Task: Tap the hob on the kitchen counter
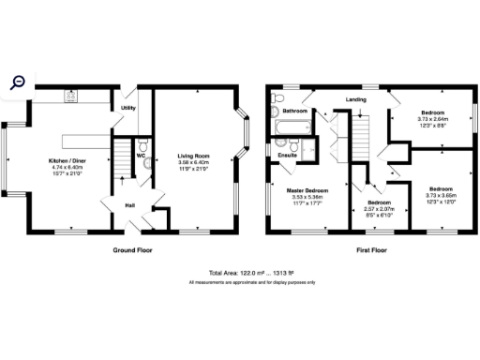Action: [70, 95]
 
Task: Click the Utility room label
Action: [128, 108]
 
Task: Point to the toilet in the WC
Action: [149, 161]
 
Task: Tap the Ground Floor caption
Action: [132, 250]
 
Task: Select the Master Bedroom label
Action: [306, 191]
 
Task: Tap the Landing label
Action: [355, 98]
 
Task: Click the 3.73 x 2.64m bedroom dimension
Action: [432, 119]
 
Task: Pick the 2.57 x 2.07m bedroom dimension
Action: [378, 209]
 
